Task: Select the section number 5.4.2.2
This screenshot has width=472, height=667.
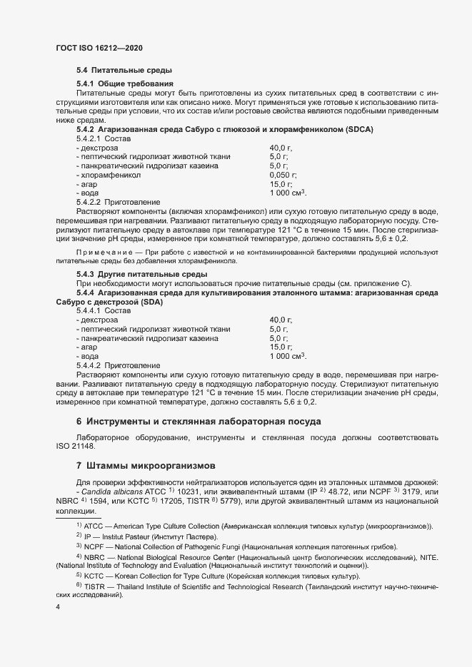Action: [89, 203]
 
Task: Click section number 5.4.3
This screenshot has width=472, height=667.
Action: [86, 275]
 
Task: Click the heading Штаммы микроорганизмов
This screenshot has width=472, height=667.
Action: [146, 466]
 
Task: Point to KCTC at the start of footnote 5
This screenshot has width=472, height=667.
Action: [94, 576]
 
